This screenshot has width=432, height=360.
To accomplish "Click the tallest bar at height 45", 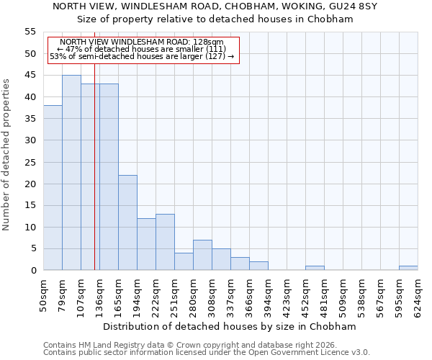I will [x=71, y=173].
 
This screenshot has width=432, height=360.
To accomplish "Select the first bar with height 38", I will [x=53, y=188].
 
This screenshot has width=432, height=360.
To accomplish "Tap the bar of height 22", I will [x=127, y=222].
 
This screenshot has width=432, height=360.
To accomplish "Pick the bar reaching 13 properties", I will [x=165, y=242].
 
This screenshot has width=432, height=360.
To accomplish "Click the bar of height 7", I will [x=202, y=255].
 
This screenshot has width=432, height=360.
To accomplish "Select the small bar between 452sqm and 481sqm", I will [x=315, y=268].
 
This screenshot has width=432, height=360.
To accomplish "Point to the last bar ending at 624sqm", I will [x=408, y=268].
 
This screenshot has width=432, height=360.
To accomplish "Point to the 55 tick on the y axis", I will [x=30, y=32].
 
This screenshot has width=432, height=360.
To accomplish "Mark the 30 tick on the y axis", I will [x=30, y=140].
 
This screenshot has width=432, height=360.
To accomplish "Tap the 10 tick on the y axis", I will [x=30, y=228].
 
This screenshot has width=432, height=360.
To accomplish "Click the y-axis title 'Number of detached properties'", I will [x=6, y=155].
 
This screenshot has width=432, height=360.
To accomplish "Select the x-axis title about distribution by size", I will [x=230, y=326].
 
